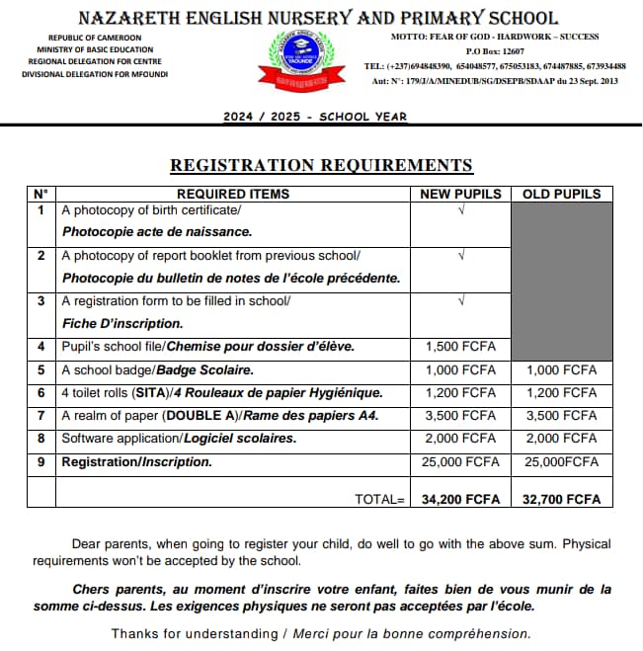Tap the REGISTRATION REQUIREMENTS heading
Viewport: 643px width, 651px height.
321,165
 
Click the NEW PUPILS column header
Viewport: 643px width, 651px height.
460,194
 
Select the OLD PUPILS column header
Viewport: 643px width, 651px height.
561,194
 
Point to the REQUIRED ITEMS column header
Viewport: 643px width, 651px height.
233,194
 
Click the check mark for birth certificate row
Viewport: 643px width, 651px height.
460,210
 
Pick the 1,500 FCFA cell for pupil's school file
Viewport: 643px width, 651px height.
460,347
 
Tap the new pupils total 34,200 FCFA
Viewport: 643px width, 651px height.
460,499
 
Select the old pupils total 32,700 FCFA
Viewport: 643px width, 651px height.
561,499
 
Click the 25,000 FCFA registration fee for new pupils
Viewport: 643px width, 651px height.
460,461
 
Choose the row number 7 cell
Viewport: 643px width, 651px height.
40,416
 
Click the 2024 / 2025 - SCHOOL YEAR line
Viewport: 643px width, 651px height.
315,117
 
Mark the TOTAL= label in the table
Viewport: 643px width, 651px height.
380,499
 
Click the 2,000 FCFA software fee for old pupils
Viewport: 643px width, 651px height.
561,439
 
